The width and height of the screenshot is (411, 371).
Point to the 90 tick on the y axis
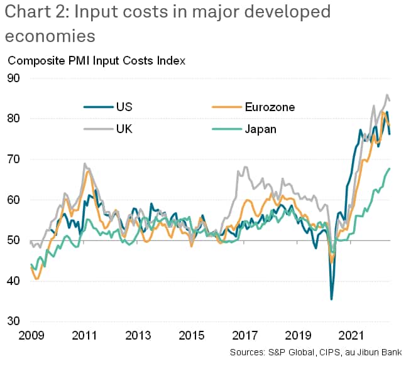click(x=14, y=78)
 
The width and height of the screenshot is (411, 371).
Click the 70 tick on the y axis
click(x=14, y=159)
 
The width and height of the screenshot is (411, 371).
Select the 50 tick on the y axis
click(x=14, y=240)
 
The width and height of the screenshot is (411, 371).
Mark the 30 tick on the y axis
click(x=14, y=321)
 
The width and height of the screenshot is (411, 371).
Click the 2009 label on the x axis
click(x=31, y=334)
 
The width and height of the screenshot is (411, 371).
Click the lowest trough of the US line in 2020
click(x=332, y=299)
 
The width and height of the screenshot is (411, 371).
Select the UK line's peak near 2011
click(x=85, y=164)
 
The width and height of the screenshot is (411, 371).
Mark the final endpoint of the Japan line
click(x=390, y=168)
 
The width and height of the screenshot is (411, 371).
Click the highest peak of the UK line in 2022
click(x=387, y=95)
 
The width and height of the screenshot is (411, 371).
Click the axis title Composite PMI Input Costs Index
click(x=96, y=61)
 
